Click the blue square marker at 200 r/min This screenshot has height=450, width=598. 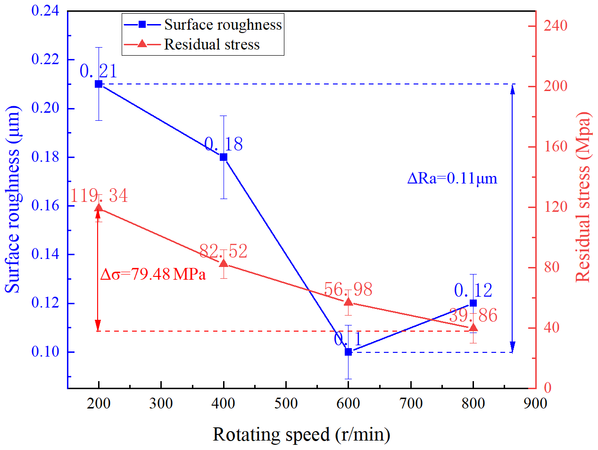click(x=99, y=84)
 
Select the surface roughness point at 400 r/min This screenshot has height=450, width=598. click(x=224, y=157)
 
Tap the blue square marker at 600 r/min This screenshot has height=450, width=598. click(x=349, y=352)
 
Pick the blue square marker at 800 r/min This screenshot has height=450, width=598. click(x=473, y=303)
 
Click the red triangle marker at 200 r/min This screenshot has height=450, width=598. click(x=99, y=208)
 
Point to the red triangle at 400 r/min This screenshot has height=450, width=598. click(x=224, y=264)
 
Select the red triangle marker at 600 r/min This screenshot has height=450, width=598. click(x=349, y=302)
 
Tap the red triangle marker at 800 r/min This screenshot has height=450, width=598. click(x=473, y=328)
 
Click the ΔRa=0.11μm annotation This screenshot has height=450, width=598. click(x=452, y=178)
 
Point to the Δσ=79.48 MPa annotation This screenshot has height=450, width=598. click(x=153, y=274)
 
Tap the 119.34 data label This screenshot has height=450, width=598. click(x=99, y=195)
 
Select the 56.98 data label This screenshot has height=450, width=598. click(x=348, y=289)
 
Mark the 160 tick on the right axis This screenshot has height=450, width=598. click(x=555, y=147)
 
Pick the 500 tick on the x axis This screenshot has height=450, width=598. click(x=286, y=403)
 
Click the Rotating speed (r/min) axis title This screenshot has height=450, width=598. click(x=301, y=434)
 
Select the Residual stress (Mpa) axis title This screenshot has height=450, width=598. click(x=584, y=197)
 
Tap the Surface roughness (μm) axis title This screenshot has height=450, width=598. click(x=13, y=199)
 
